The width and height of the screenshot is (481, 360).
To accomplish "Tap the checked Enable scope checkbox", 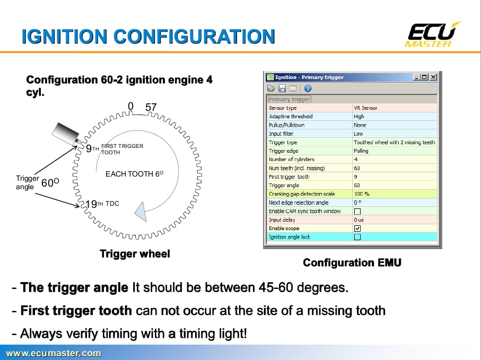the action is [x=357, y=229].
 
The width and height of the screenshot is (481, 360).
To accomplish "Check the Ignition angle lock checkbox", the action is [x=357, y=237].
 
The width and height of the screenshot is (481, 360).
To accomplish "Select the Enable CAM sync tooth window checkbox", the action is [x=357, y=211].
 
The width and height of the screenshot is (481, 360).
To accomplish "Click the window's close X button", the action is [x=433, y=77].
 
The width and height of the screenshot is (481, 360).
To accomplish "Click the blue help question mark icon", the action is [x=308, y=89].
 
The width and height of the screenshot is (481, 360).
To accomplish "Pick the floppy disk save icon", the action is [x=282, y=89].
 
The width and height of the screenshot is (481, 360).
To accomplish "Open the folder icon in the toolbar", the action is [x=271, y=89].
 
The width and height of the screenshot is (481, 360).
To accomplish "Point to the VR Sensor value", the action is [x=365, y=108].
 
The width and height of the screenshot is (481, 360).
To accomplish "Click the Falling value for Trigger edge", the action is [x=361, y=151].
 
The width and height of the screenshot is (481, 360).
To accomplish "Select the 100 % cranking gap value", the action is [x=362, y=194].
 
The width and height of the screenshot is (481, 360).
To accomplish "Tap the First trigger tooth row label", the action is [x=289, y=177].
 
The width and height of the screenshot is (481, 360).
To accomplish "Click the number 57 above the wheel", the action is [x=151, y=107].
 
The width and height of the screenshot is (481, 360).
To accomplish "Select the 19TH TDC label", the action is [x=102, y=204].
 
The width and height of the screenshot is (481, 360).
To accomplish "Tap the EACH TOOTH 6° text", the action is [x=134, y=174].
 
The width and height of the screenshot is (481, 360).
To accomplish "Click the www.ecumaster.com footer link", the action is [x=54, y=353].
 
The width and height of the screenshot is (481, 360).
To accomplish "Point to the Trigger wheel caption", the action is [x=135, y=254].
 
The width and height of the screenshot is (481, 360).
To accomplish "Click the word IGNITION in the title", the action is [x=64, y=37].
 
